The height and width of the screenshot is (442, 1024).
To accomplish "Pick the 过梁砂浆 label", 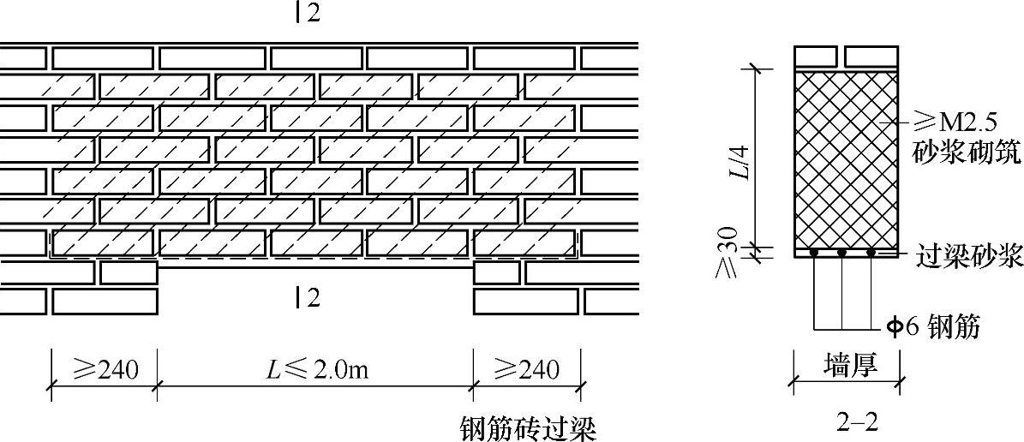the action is tap(969, 256).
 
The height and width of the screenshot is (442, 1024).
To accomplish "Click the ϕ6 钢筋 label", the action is tap(932, 326).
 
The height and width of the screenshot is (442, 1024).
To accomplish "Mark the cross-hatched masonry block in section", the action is tap(846, 158).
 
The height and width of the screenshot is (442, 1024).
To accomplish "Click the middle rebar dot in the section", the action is tap(842, 253).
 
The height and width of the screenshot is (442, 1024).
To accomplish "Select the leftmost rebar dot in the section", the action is tap(814, 253).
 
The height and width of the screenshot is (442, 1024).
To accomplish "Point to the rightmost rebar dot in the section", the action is tap(872, 253).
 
